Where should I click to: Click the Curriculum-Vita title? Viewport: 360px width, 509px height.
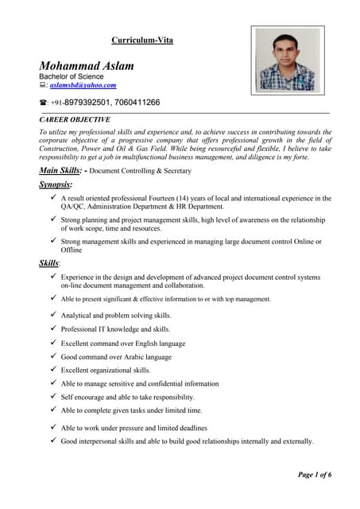click(141, 40)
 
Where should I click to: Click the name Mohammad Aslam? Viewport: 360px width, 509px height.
click(87, 65)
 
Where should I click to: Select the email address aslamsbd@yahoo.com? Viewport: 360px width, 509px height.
click(83, 85)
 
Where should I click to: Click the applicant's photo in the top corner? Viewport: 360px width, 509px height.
click(287, 60)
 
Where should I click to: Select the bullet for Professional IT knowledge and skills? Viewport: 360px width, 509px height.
click(52, 328)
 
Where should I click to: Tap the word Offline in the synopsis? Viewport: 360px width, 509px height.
click(72, 250)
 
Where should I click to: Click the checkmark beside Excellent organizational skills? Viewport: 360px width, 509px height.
click(52, 370)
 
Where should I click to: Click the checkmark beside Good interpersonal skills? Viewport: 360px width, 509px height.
click(52, 441)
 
